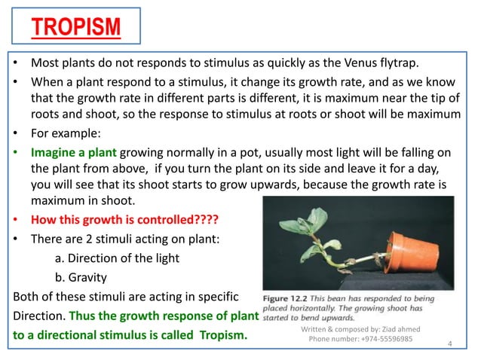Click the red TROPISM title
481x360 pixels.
click(76, 29)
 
